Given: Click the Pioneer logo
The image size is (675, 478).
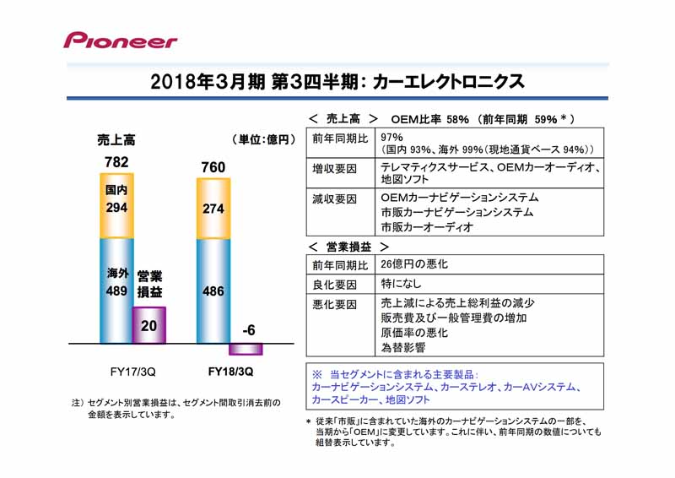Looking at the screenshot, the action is click(121, 40).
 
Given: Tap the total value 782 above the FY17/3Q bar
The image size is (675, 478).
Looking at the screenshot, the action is click(116, 162).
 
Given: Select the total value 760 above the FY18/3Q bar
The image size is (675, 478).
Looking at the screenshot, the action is click(213, 167).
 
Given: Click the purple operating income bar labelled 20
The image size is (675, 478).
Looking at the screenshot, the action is click(149, 325).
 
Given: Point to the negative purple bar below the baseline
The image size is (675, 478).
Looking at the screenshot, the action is click(246, 349).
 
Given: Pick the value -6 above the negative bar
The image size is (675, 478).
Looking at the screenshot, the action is click(248, 330).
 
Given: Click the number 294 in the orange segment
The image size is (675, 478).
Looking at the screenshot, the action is click(116, 207).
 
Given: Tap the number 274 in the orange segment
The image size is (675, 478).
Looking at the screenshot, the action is click(213, 209).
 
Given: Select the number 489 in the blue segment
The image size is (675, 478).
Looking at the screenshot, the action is click(116, 291).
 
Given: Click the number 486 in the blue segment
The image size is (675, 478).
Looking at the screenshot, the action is click(213, 291).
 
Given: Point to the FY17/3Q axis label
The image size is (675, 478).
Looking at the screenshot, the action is click(132, 372).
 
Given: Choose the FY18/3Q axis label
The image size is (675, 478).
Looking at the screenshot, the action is click(230, 372).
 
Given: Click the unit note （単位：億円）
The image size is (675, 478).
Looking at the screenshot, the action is click(263, 139).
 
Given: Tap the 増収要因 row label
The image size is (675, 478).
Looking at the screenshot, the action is click(334, 169).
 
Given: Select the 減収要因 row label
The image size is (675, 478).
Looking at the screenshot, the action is click(334, 199).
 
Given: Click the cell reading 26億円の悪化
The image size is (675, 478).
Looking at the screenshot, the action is click(414, 264).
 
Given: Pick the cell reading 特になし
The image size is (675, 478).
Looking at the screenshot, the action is click(401, 284).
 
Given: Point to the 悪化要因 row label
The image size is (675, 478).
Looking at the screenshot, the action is click(334, 305).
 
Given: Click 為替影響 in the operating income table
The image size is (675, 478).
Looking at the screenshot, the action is click(403, 347).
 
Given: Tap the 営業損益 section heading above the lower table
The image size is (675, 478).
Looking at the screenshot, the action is click(348, 247).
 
